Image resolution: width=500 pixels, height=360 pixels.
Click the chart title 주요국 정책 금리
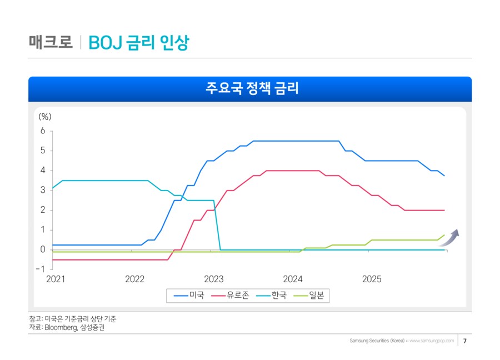250,89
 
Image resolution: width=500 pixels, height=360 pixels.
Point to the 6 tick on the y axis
42,131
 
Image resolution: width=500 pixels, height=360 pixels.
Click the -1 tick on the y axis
40,269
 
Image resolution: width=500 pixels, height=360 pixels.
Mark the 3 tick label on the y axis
42,191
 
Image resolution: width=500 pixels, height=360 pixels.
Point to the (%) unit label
45,117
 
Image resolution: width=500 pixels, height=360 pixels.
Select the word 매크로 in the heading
51,42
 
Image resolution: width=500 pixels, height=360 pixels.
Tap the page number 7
464,341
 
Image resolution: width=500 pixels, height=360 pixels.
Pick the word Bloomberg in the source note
62,328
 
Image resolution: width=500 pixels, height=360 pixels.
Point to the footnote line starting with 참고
73,319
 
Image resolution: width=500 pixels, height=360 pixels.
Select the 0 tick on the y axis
42,250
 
